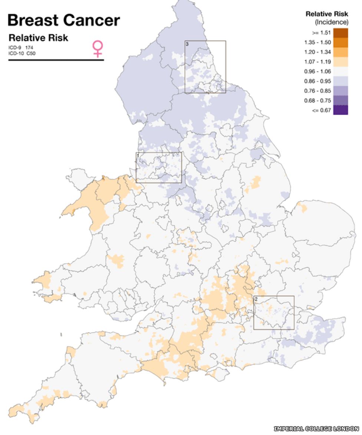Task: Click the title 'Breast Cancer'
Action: click(63, 20)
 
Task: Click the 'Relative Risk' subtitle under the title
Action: click(38, 38)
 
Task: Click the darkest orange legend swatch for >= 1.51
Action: click(340, 33)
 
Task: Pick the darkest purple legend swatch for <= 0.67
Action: click(340, 110)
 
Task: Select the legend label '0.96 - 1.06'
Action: click(317, 72)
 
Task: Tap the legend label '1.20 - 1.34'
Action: click(317, 52)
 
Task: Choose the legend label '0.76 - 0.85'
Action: click(317, 91)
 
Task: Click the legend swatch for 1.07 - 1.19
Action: click(340, 62)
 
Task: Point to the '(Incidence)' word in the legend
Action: click(332, 22)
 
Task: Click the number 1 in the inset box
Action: click(138, 155)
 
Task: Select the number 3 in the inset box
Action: click(187, 44)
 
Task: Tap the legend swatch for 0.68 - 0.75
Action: click(340, 100)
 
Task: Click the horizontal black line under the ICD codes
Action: click(56, 60)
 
